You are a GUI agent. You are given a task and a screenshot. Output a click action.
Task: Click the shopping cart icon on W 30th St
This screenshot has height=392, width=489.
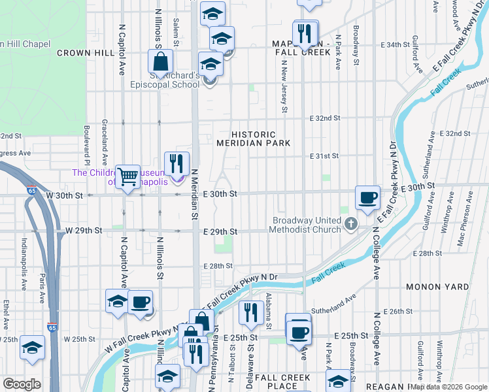point(127,176)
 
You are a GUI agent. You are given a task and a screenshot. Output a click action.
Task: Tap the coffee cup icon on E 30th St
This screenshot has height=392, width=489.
point(367,197)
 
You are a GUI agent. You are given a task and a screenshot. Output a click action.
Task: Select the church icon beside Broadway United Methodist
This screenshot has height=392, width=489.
point(351,225)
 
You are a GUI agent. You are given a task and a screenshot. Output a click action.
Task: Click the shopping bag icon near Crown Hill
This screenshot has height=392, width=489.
point(160,62)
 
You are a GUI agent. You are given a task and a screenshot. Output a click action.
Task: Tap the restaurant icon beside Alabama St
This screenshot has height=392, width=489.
point(250,312)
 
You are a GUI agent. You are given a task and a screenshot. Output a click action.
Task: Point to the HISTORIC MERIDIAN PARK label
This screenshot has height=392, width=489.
point(254,138)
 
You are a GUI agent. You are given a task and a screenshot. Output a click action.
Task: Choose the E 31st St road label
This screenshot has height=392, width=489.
point(325,156)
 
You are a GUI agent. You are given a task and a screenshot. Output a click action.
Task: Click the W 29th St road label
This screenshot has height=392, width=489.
point(84,231)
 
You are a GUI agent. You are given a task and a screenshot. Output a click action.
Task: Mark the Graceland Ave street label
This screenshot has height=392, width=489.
point(105,142)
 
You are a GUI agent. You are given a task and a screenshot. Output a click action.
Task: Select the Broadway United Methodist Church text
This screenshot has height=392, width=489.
point(307,225)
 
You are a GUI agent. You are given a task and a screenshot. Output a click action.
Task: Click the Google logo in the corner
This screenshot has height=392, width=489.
point(22,384)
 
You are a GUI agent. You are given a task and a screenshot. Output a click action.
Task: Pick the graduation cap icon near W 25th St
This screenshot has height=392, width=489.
point(31,348)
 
